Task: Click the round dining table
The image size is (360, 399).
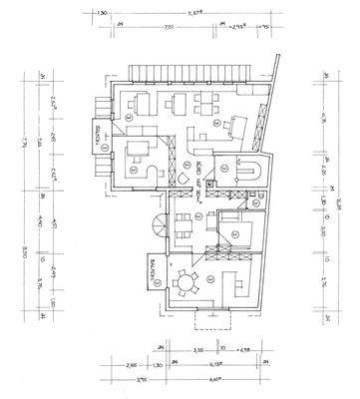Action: [184, 282]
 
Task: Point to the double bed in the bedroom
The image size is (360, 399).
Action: [238, 231]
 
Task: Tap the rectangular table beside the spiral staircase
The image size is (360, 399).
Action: [185, 224]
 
